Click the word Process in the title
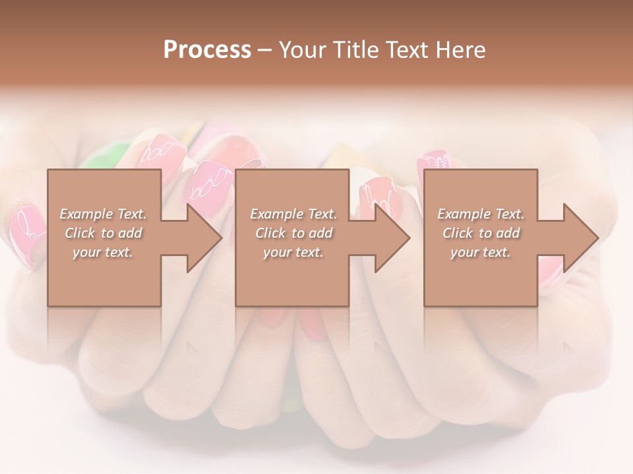[207, 50]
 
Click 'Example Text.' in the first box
[103, 214]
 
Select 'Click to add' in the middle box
[293, 233]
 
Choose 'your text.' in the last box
[481, 252]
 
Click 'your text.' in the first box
[103, 252]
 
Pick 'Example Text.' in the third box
[481, 214]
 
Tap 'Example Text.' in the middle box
[293, 214]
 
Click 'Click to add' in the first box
[103, 233]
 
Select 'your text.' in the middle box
[293, 252]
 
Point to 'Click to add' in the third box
[481, 233]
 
